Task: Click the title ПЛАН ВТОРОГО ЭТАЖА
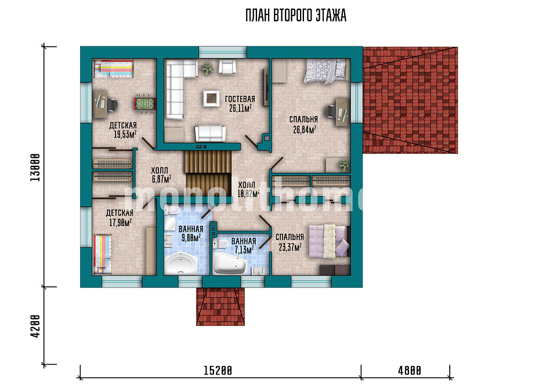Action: click(295, 16)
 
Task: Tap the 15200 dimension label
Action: click(218, 371)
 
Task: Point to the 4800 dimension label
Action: click(409, 371)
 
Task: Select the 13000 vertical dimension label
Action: click(35, 167)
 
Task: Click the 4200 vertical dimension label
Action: click(35, 325)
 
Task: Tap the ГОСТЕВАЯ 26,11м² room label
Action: click(240, 104)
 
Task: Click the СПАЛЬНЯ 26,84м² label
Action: click(303, 125)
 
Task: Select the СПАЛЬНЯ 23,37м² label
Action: click(290, 242)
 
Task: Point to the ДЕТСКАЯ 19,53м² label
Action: click(123, 130)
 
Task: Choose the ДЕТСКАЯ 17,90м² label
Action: click(120, 217)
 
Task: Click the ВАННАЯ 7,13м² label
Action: click(244, 246)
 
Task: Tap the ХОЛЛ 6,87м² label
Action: click(161, 175)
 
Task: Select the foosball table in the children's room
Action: click(144, 104)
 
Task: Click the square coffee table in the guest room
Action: click(211, 99)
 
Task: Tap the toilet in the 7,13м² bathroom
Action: click(221, 244)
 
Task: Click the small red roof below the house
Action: click(220, 306)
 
